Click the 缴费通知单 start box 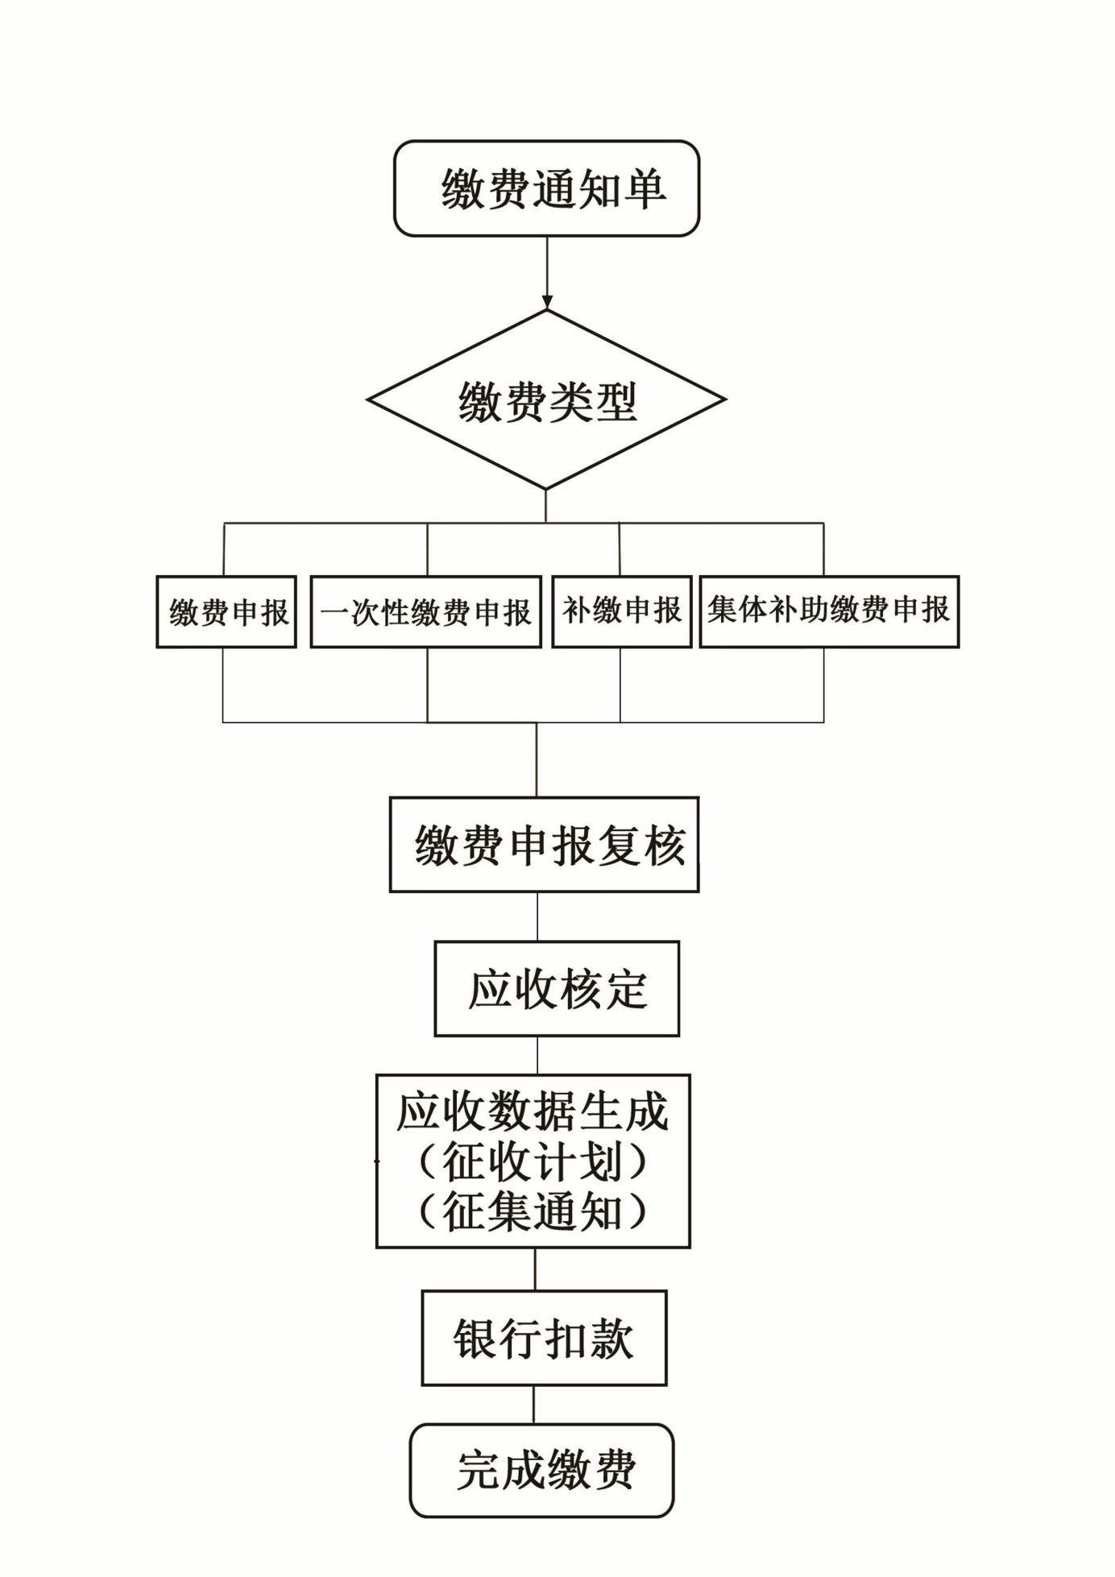(546, 188)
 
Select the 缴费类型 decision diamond (546, 399)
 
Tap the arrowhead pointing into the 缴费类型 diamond (547, 303)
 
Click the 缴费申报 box (226, 612)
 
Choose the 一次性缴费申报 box (425, 612)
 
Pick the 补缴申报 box (621, 611)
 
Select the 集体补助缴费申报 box (829, 611)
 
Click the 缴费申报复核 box (544, 845)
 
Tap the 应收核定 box (557, 988)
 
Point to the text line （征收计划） (533, 1162)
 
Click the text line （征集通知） (533, 1211)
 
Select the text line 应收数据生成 (533, 1112)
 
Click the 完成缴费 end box (541, 1470)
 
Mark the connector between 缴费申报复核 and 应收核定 (537, 917)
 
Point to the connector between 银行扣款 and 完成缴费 (533, 1405)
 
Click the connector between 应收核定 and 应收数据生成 (537, 1055)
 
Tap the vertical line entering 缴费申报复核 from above (537, 760)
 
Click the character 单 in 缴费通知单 (644, 189)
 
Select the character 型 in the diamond (617, 400)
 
